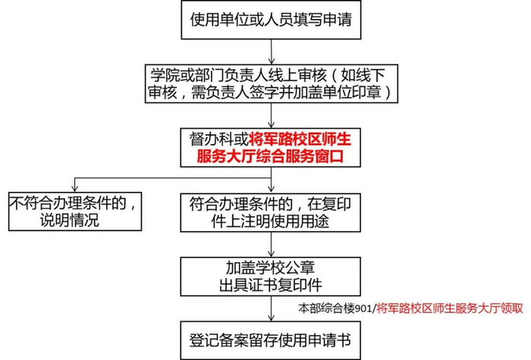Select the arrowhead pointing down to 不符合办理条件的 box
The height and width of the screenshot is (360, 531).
click(74, 186)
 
